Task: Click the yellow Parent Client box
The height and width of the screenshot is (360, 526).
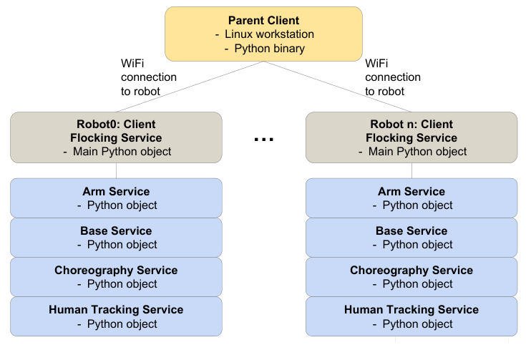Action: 263,34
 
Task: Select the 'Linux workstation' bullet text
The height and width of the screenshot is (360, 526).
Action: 269,34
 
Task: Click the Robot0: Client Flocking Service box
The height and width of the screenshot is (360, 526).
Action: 116,137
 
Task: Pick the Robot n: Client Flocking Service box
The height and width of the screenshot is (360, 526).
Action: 411,137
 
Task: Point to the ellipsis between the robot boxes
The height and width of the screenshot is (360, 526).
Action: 264,140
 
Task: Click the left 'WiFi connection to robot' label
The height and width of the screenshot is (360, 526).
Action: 148,77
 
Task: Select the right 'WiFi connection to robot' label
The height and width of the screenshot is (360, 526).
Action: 393,77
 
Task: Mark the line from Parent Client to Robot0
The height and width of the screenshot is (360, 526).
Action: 186,87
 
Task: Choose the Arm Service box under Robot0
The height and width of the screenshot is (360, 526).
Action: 116,198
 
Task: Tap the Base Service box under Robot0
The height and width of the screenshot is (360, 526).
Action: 116,238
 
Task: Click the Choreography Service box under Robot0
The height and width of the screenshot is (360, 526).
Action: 116,277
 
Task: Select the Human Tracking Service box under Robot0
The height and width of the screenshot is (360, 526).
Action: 116,316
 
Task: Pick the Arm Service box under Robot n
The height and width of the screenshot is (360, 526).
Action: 411,198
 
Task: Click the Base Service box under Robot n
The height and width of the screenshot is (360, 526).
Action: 411,238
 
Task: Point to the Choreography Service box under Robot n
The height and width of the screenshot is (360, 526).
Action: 411,277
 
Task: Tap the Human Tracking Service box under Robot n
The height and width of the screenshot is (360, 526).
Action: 411,316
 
